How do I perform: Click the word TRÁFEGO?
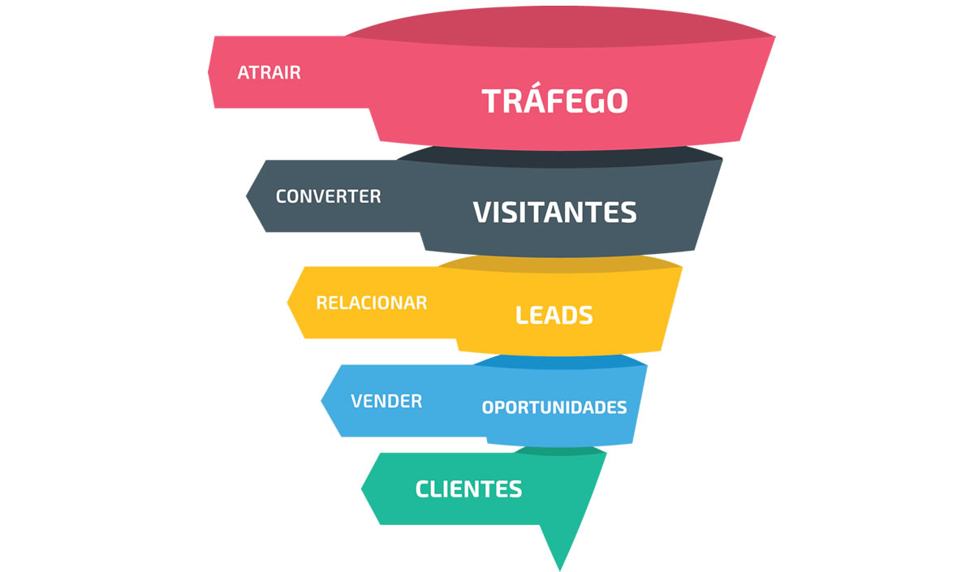coord(554,101)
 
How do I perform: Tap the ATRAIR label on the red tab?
coord(269,72)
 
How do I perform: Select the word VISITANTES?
coord(554,212)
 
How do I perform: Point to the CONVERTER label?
coord(328,196)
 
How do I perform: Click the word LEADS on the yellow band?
coord(554,315)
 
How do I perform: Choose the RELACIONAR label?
coord(371,303)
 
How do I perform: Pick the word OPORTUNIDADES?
coord(554,407)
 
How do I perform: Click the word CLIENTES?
coord(468,489)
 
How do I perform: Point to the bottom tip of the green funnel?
coord(560,568)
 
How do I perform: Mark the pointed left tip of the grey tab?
coord(248,196)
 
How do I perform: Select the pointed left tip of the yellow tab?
coord(289,303)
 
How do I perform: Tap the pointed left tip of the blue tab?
coord(323,401)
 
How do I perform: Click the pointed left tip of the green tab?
coord(363,488)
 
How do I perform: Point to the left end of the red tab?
coord(210,72)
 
